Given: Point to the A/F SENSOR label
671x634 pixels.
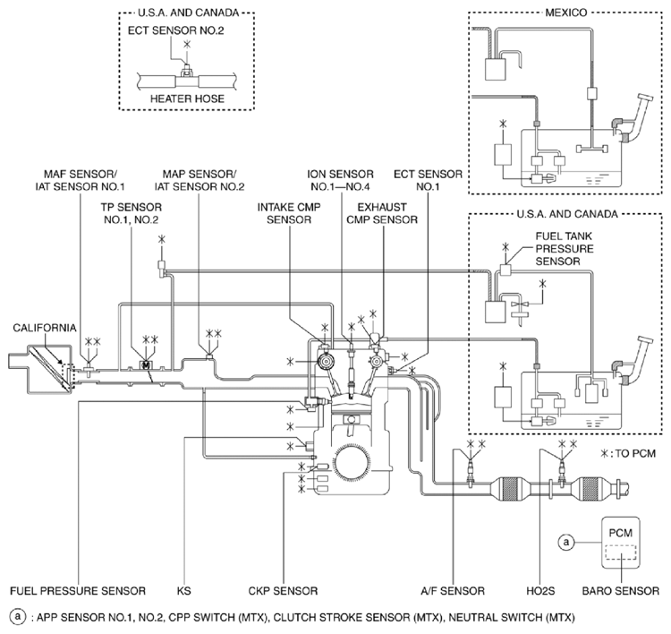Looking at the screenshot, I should tap(454, 591).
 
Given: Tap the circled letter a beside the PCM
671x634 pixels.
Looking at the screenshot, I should tap(565, 541).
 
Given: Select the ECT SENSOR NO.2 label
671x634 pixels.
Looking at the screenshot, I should tap(187, 29).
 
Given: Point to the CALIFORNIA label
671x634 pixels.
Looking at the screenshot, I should tap(43, 328).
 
